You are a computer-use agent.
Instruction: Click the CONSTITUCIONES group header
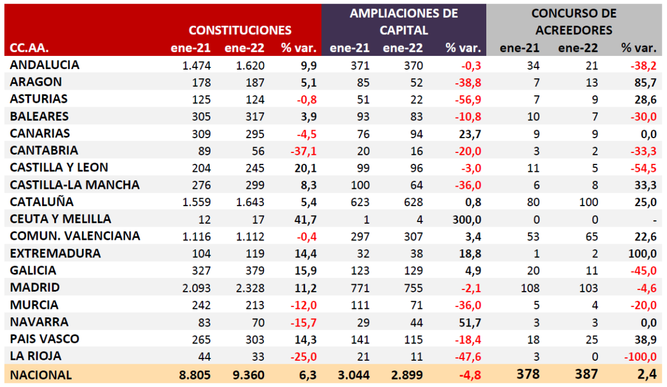pyautogui.click(x=240, y=30)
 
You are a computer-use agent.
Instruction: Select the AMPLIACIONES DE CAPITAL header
pyautogui.click(x=404, y=22)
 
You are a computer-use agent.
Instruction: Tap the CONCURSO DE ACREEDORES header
pyautogui.click(x=574, y=22)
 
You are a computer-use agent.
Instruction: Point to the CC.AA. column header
pyautogui.click(x=29, y=47)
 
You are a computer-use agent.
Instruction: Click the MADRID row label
pyautogui.click(x=35, y=288)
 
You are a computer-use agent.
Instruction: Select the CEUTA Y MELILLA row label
pyautogui.click(x=60, y=219)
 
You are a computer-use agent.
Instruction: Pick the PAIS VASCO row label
pyautogui.click(x=44, y=339)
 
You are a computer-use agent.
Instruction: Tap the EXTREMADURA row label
pyautogui.click(x=55, y=253)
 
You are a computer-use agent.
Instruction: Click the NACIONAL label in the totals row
pyautogui.click(x=41, y=375)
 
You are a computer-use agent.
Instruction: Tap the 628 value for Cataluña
pyautogui.click(x=411, y=202)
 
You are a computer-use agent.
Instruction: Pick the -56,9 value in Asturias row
pyautogui.click(x=467, y=99)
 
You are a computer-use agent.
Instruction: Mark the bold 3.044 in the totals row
pyautogui.click(x=353, y=375)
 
